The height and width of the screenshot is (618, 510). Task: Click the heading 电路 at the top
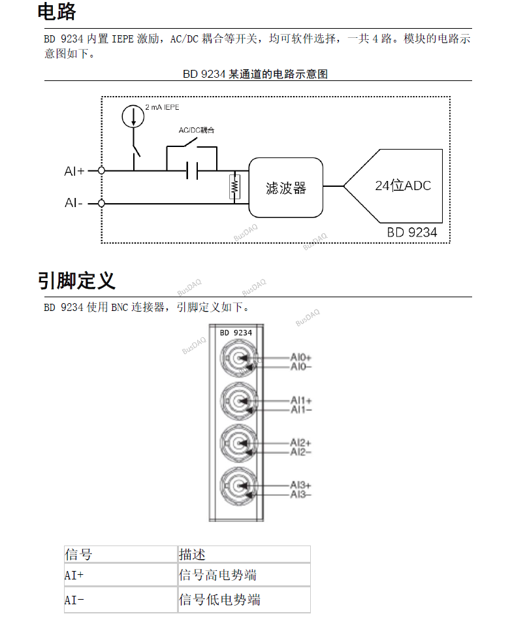pyautogui.click(x=57, y=12)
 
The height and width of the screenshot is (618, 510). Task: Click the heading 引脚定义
pyautogui.click(x=76, y=281)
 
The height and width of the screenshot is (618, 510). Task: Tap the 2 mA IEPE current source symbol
pyautogui.click(x=133, y=116)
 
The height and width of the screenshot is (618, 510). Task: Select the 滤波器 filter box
pyautogui.click(x=285, y=188)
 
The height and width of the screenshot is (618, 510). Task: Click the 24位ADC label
pyautogui.click(x=403, y=186)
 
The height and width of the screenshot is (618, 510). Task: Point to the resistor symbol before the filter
pyautogui.click(x=234, y=187)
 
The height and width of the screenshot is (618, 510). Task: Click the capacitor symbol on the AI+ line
pyautogui.click(x=191, y=171)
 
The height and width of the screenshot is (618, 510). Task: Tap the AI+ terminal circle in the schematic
pyautogui.click(x=101, y=171)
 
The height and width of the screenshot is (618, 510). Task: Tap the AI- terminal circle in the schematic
pyautogui.click(x=101, y=203)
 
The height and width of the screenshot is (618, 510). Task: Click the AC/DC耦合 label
pyautogui.click(x=197, y=131)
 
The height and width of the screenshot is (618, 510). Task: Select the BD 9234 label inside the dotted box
pyautogui.click(x=411, y=232)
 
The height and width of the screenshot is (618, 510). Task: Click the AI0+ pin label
pyautogui.click(x=301, y=358)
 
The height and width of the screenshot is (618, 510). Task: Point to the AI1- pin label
pyautogui.click(x=301, y=410)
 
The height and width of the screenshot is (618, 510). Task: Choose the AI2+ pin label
pyautogui.click(x=301, y=443)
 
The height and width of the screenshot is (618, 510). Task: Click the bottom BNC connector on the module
pyautogui.click(x=237, y=486)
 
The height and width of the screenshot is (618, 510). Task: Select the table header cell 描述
pyautogui.click(x=193, y=555)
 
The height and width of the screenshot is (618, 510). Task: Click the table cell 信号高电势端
pyautogui.click(x=217, y=576)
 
